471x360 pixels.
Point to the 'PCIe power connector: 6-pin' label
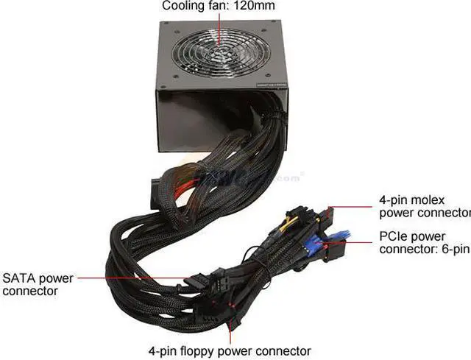(x=424, y=243)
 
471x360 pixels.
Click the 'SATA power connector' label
(x=38, y=285)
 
